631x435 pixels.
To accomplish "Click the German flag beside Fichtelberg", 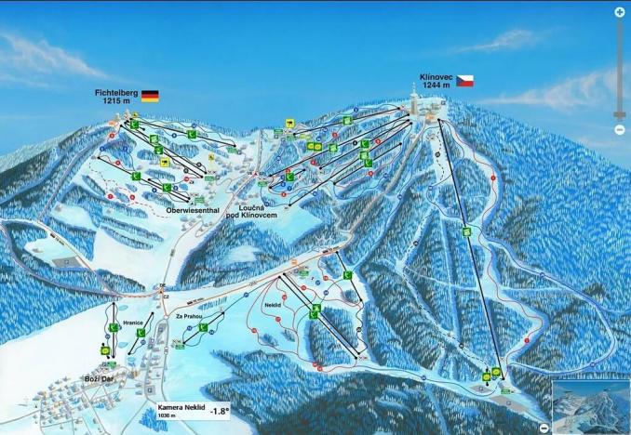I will tap(150, 95).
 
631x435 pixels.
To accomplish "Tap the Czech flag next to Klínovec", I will tap(464, 81).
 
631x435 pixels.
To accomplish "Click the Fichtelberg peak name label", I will tap(115, 93).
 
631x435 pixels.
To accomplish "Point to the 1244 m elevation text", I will tap(436, 85).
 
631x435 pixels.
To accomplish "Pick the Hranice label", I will tap(132, 323).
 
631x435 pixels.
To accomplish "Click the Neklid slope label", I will tap(273, 304).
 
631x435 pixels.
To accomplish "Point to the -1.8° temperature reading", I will tap(220, 410).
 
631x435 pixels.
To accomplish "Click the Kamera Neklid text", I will tap(178, 406).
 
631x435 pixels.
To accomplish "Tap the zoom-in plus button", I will tap(620, 12).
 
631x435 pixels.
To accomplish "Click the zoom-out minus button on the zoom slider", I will tap(620, 130).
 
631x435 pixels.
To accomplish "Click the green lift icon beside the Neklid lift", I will tap(315, 311).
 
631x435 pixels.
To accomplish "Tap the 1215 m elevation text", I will tap(115, 102).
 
